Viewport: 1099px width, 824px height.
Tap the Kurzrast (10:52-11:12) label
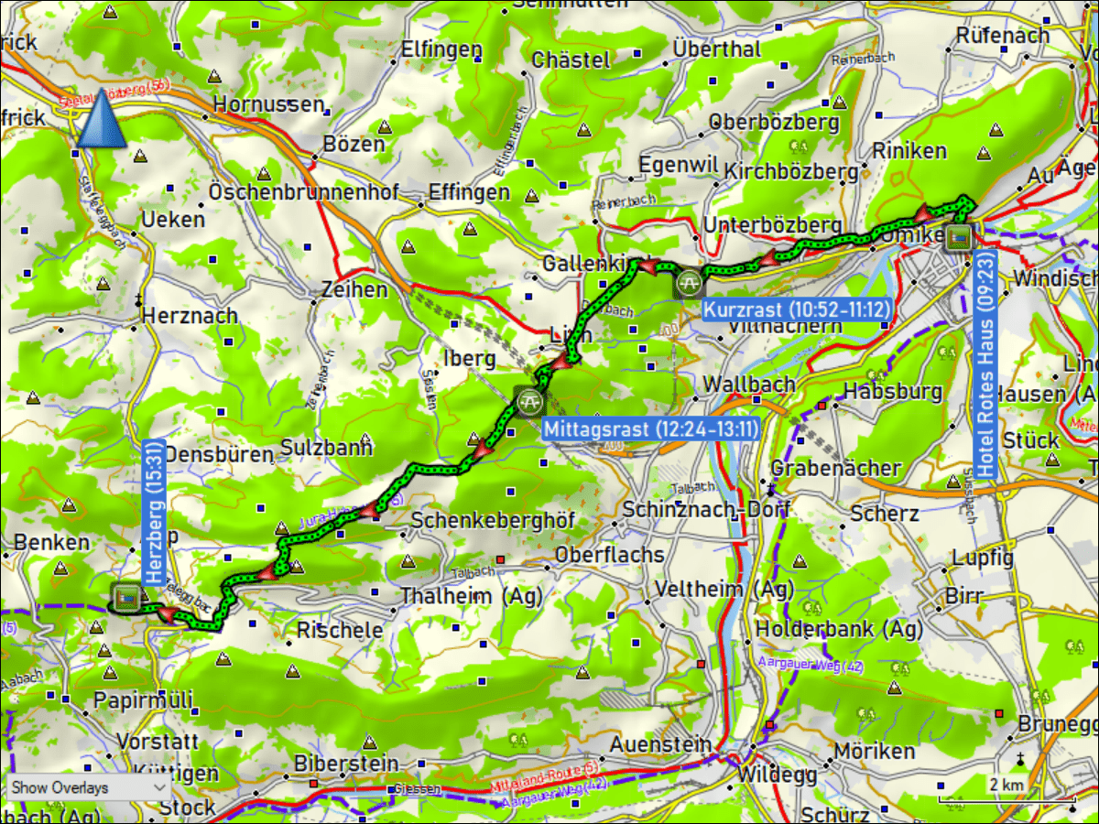[796, 309]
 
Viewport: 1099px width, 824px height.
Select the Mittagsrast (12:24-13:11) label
[649, 428]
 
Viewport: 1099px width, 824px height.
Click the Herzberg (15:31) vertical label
[154, 515]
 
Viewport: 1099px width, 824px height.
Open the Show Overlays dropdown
[88, 787]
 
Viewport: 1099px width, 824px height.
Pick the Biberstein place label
[346, 763]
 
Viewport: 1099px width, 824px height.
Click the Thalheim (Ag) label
[471, 596]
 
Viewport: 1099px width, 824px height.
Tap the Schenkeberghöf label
[493, 520]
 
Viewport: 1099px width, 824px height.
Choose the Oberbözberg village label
[774, 122]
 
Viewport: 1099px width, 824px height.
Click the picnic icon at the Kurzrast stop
[689, 283]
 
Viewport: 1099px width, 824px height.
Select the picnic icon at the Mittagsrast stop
[528, 400]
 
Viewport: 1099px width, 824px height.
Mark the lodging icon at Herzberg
[125, 597]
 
